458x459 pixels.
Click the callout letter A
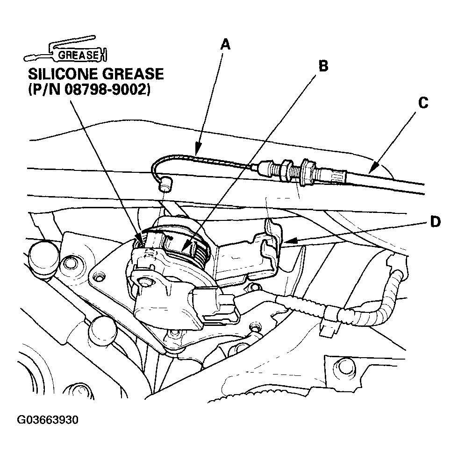pyautogui.click(x=225, y=45)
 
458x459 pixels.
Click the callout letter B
pyautogui.click(x=323, y=66)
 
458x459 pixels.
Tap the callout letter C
pyautogui.click(x=423, y=103)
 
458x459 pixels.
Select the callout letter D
pyautogui.click(x=435, y=222)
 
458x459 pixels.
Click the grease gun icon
pyautogui.click(x=65, y=50)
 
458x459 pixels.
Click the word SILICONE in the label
pyautogui.click(x=63, y=74)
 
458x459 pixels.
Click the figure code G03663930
pyautogui.click(x=48, y=420)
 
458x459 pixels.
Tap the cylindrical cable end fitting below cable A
pyautogui.click(x=165, y=184)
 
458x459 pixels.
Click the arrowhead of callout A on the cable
pyautogui.click(x=197, y=151)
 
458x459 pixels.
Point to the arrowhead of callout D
pyautogui.click(x=289, y=241)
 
